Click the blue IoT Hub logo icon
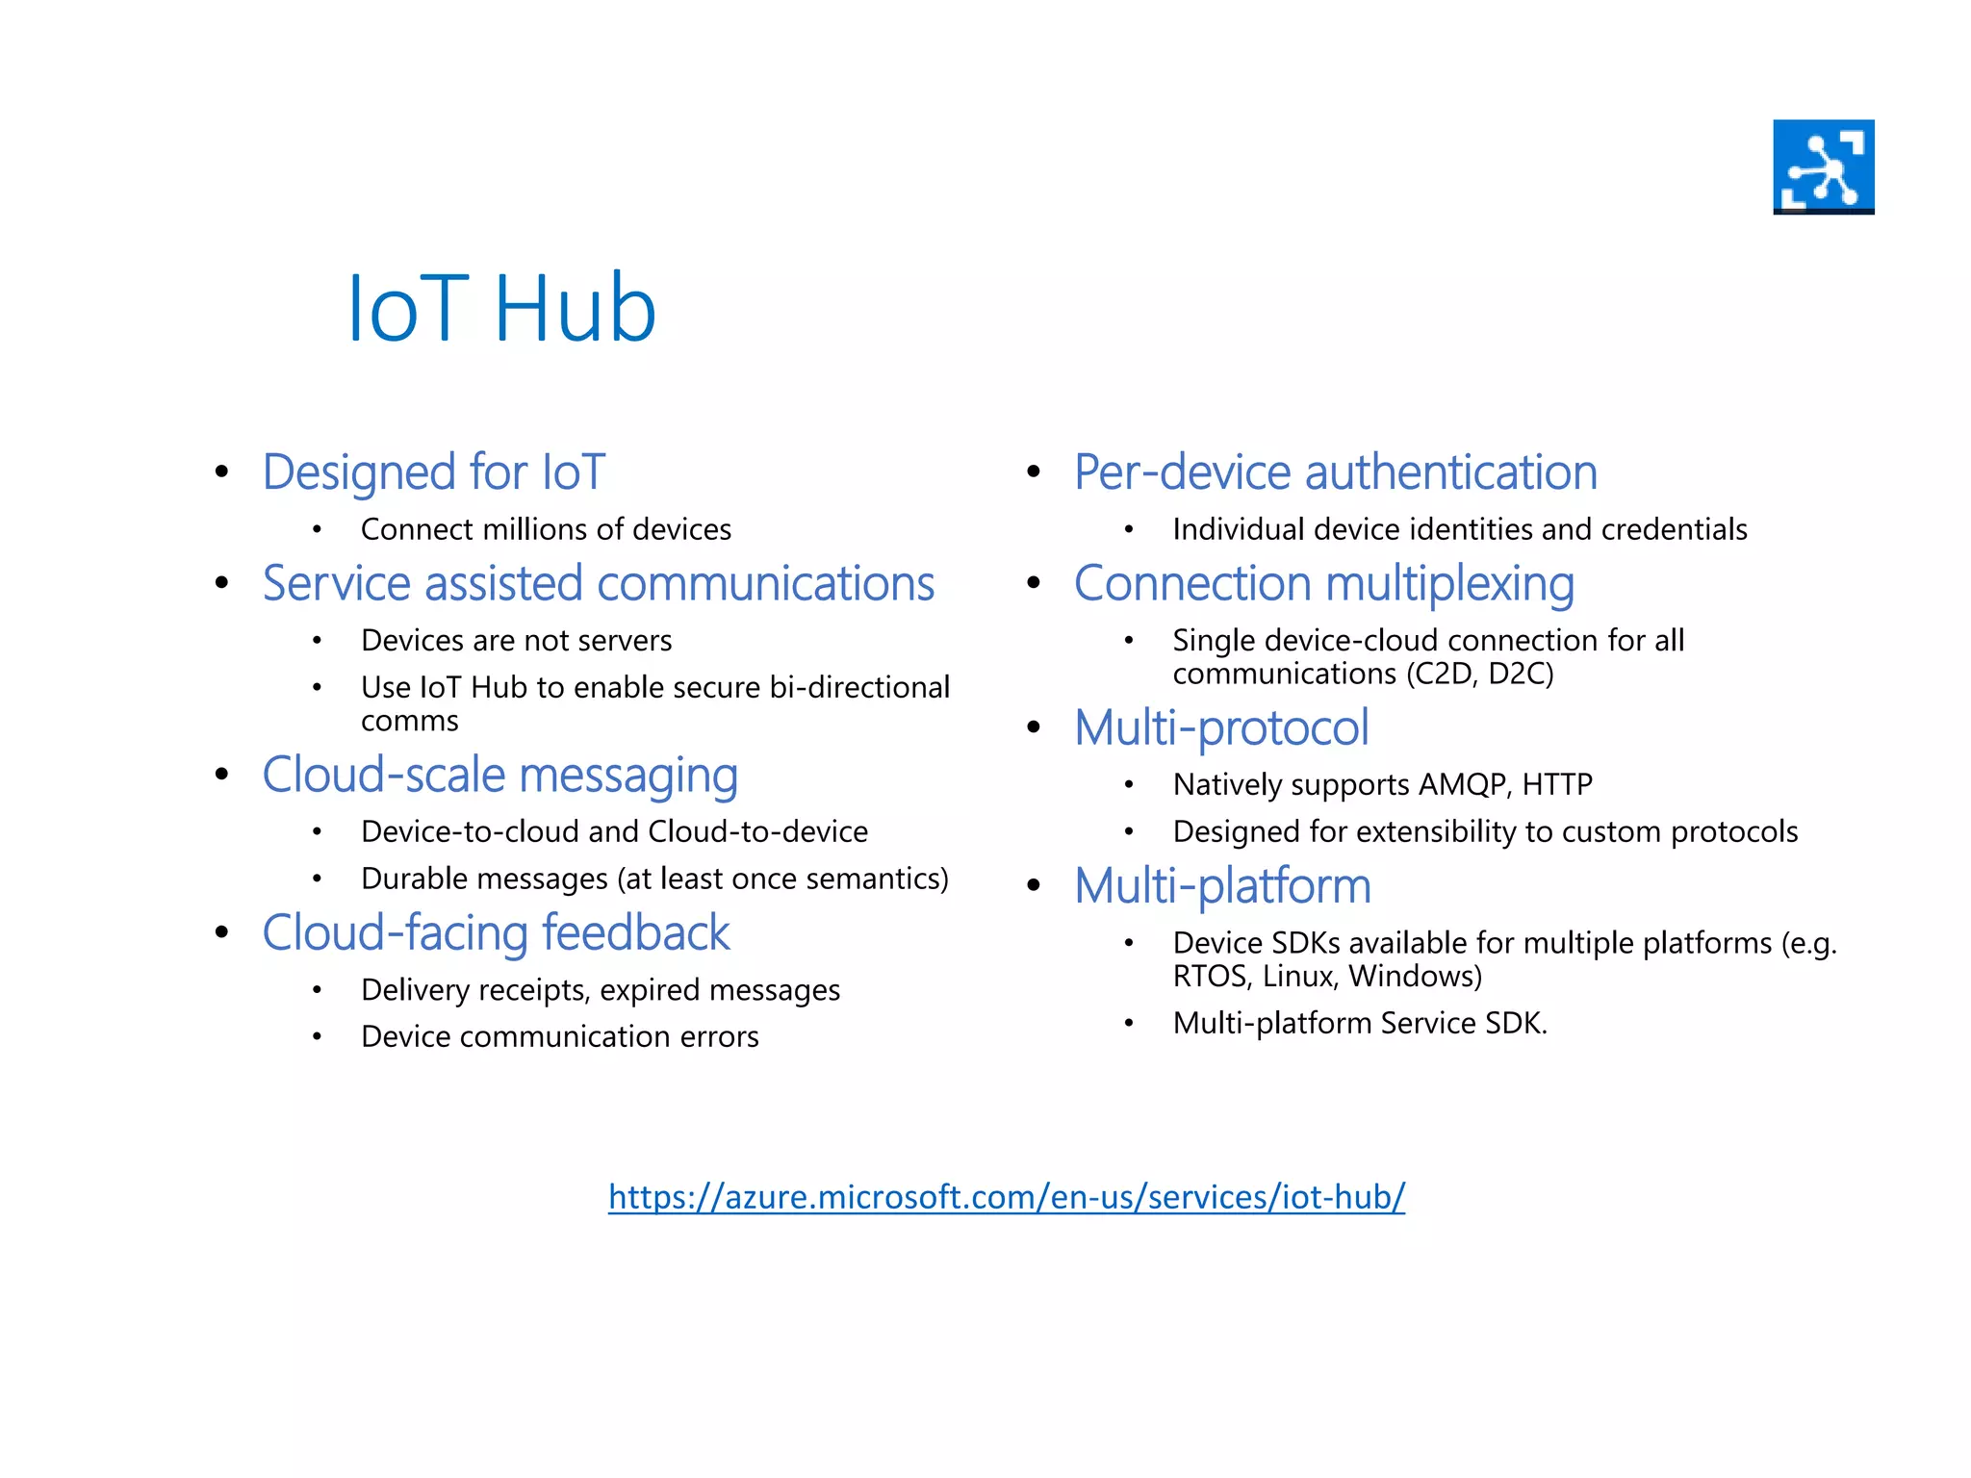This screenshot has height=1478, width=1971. [x=1823, y=166]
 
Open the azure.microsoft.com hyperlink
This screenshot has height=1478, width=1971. [x=1006, y=1196]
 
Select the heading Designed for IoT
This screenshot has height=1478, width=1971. [x=433, y=472]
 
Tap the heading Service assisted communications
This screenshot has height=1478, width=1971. [x=598, y=584]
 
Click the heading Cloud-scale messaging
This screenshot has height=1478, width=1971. [x=499, y=775]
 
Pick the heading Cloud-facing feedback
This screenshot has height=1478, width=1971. [x=496, y=932]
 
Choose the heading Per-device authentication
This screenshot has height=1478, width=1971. [x=1335, y=472]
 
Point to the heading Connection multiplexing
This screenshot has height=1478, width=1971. [x=1323, y=584]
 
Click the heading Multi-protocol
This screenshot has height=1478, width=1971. [x=1220, y=727]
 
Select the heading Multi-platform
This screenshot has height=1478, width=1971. [x=1222, y=885]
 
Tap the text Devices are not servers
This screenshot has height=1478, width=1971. [x=516, y=641]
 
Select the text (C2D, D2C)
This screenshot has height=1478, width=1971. [x=1479, y=674]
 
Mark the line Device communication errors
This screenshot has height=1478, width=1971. [x=559, y=1036]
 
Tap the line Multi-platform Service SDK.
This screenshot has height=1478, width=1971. [x=1359, y=1023]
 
